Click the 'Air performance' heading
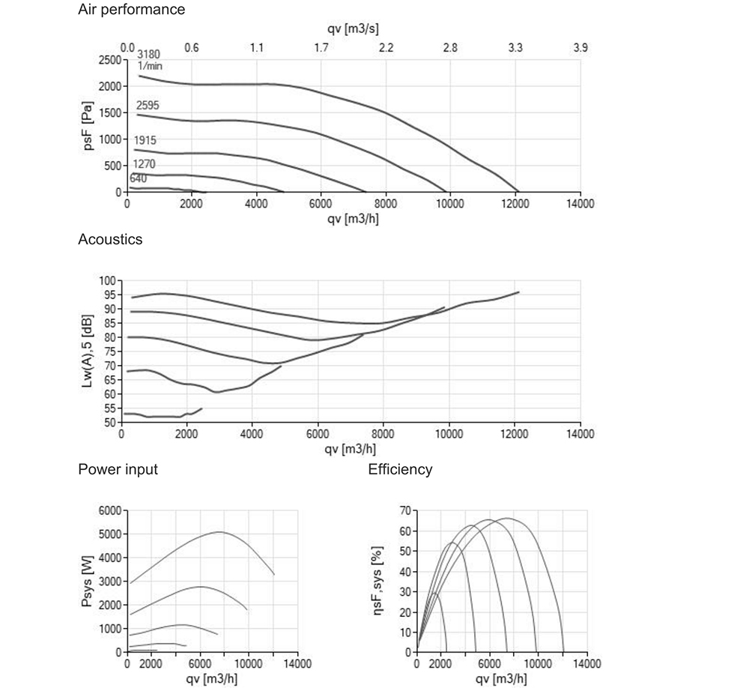131,10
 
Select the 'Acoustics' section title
110,239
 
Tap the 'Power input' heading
118,469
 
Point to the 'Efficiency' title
400,469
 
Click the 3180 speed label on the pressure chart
148,55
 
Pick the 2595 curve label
148,105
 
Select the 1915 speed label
145,140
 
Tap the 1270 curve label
144,164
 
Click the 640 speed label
138,178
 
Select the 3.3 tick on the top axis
515,48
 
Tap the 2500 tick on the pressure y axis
109,60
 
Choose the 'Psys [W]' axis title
88,581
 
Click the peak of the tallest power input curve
219,532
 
